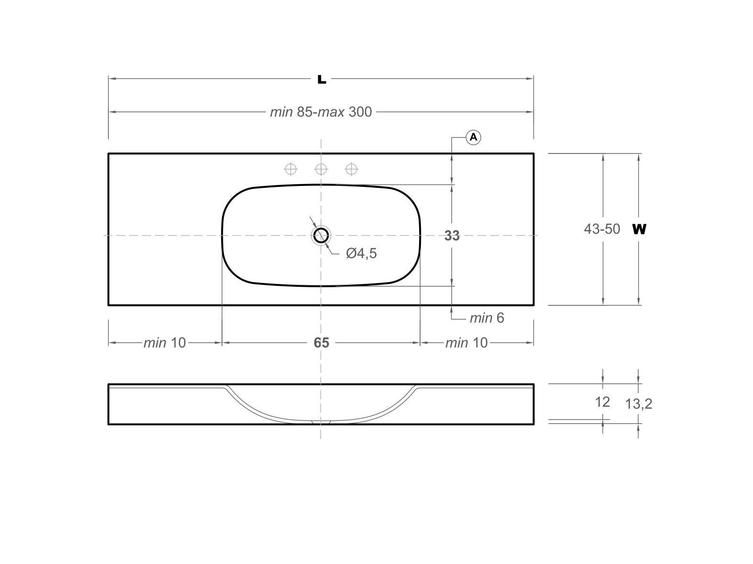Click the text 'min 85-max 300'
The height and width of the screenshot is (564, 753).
tap(321, 112)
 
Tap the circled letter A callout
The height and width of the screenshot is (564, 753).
tap(473, 138)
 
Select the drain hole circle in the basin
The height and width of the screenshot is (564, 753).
tap(321, 235)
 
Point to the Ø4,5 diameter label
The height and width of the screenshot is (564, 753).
tap(361, 253)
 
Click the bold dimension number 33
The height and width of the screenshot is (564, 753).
tap(452, 236)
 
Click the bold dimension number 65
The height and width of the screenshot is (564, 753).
tap(321, 343)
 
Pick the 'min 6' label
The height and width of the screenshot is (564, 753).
tap(487, 318)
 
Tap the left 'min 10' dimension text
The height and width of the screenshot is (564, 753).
tap(165, 343)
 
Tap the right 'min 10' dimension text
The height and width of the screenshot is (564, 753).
tap(466, 343)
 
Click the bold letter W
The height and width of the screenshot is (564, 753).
tap(639, 229)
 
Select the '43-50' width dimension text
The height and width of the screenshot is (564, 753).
tap(602, 229)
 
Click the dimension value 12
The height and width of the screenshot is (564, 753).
tap(602, 402)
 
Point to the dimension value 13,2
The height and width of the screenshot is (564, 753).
tap(639, 404)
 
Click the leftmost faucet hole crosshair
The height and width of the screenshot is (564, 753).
tap(291, 169)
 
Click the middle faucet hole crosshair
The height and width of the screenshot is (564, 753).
tap(321, 169)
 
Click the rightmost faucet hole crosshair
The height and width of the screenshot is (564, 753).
tap(352, 169)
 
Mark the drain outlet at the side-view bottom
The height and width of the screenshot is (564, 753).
tap(321, 423)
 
